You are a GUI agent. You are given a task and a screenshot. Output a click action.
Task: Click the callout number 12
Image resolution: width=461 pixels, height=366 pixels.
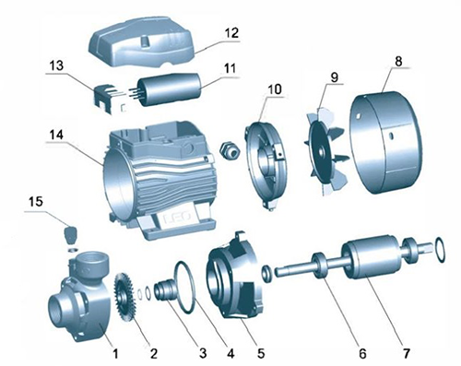pyautogui.click(x=231, y=33)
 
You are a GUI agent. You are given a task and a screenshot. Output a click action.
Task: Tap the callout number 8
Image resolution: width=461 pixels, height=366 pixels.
pyautogui.click(x=398, y=61)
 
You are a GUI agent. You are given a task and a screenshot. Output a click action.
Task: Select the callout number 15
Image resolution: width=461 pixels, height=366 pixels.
pyautogui.click(x=36, y=203)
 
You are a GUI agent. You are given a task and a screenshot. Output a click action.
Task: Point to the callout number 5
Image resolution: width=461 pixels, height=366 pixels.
pyautogui.click(x=261, y=353)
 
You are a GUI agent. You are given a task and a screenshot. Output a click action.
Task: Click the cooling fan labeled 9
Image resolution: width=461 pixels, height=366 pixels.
pyautogui.click(x=326, y=150)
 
